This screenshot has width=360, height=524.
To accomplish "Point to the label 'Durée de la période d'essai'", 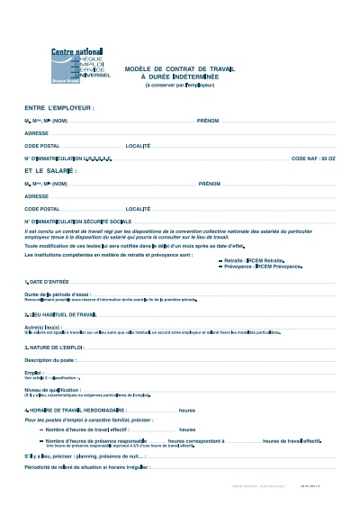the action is point(58,294).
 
